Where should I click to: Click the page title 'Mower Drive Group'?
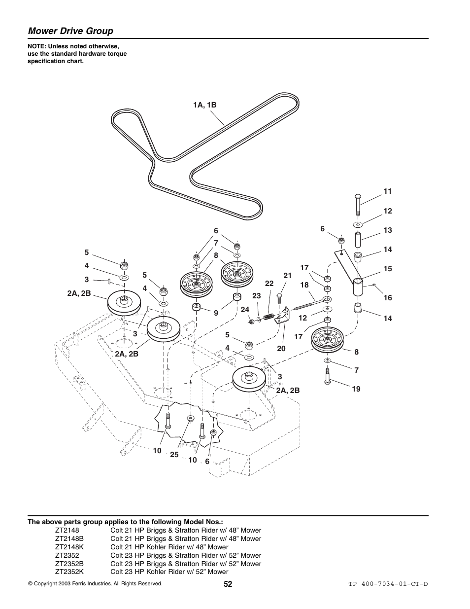pos(70,31)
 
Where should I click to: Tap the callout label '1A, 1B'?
pos(204,105)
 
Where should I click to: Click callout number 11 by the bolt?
pos(388,191)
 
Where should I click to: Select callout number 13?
pos(388,230)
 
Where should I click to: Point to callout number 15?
pos(388,269)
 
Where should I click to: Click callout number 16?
pos(388,298)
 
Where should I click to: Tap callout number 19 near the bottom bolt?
pos(356,389)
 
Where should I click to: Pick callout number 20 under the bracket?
pos(281,349)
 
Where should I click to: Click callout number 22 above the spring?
pos(269,284)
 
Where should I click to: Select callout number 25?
pos(174,455)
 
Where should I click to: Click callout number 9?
pos(216,313)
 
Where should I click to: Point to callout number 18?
pos(304,285)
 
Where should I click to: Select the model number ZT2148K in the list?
pos(69,547)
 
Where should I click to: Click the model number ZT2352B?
pos(69,564)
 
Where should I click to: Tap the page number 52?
pos(228,584)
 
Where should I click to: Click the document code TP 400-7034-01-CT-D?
pos(388,584)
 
